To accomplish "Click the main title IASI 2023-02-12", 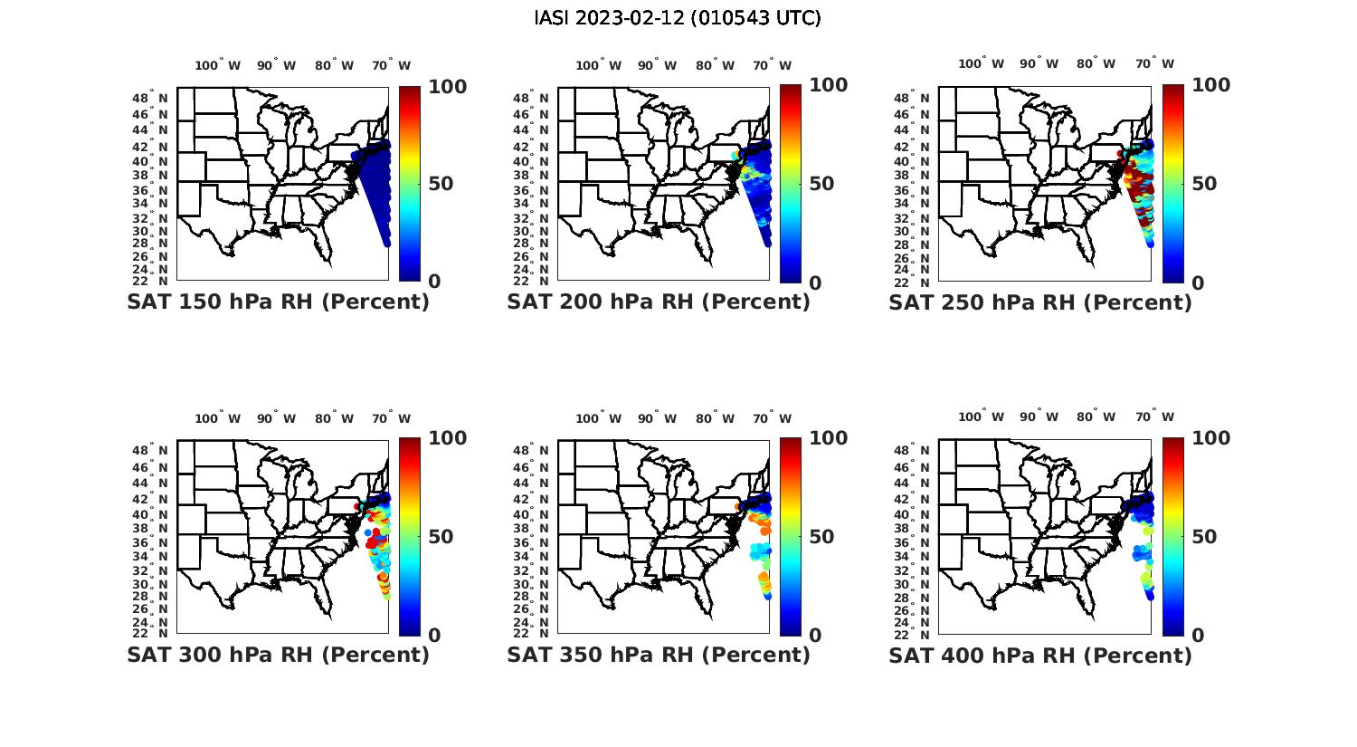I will pos(678,18).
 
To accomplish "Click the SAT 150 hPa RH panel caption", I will pos(278,302).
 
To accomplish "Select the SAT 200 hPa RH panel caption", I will pos(659,302).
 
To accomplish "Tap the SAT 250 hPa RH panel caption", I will pos(1040,302).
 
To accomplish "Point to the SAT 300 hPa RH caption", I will pos(278,655).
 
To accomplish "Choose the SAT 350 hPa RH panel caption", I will pos(659,655).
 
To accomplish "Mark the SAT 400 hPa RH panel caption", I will pos(1040,655).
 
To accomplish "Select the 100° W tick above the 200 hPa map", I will pos(598,65).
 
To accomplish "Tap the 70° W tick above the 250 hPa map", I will pos(1154,63).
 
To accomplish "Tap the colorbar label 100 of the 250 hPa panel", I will pos(1211,85).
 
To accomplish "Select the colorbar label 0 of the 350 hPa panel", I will pos(815,636).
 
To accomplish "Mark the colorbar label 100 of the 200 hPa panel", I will pos(829,85).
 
